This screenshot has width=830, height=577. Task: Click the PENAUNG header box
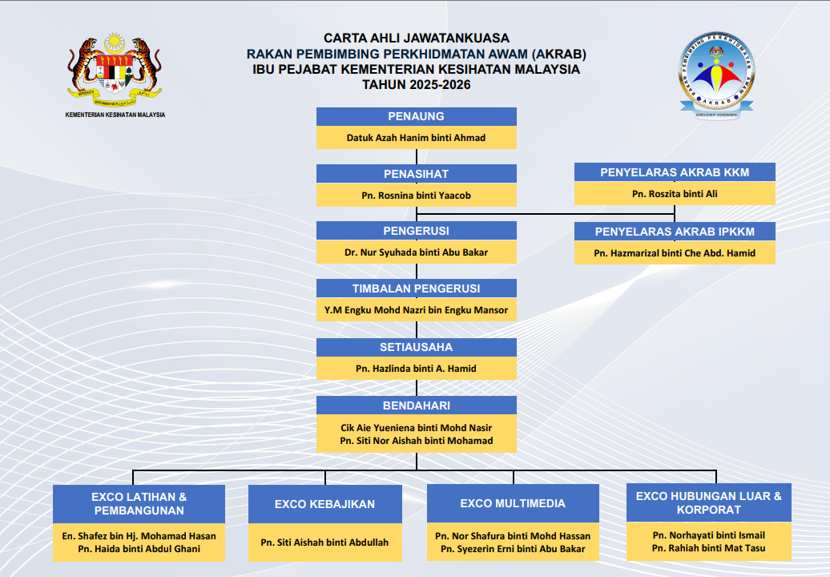pos(416,117)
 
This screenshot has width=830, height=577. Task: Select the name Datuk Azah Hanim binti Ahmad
pos(416,138)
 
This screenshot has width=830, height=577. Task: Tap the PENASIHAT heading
pos(416,174)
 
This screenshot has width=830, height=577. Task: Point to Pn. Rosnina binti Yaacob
pos(416,196)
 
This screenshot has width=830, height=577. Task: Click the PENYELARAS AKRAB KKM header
pos(675,172)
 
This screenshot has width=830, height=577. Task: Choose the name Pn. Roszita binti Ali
pos(675,194)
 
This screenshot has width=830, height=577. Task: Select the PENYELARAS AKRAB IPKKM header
pos(675,232)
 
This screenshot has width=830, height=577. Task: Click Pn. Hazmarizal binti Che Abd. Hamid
pos(675,253)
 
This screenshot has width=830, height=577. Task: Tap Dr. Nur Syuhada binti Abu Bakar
pos(416,252)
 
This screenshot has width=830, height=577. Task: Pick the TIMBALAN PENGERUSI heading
pos(416,288)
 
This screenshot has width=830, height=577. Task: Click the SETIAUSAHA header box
pos(416,347)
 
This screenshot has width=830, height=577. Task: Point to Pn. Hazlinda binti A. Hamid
pos(416,369)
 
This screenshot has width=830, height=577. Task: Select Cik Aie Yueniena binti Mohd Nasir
pos(416,428)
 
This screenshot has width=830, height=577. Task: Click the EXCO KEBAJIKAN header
pos(325,504)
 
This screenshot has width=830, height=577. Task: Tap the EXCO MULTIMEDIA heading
pos(513,503)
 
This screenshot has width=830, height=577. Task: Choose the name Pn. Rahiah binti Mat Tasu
pos(708,549)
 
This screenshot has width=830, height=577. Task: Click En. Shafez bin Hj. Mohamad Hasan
pos(139,535)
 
